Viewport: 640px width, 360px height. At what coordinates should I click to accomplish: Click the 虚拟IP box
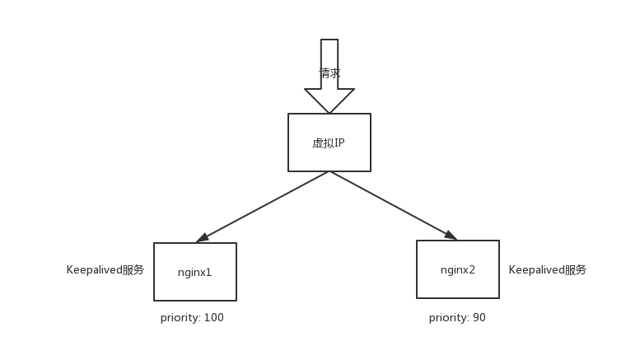(329, 143)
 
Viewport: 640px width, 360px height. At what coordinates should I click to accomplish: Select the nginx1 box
(195, 272)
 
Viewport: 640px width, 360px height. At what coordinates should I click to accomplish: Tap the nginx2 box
(457, 269)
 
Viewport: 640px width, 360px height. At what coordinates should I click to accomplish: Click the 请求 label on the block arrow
(329, 73)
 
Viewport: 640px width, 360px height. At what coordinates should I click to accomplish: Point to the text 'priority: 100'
(192, 317)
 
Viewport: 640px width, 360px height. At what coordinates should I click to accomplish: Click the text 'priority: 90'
(457, 317)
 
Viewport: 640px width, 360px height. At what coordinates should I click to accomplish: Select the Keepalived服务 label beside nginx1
(105, 270)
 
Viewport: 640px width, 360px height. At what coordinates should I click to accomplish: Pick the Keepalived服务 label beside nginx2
(548, 270)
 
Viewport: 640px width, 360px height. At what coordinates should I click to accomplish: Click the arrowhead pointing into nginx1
(203, 238)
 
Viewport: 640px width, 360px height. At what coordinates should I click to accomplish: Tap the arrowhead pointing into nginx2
(451, 235)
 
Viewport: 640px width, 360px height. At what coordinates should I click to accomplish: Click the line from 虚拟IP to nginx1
(263, 207)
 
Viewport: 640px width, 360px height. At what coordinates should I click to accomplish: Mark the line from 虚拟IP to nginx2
(393, 206)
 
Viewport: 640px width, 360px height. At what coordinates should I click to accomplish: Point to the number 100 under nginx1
(213, 317)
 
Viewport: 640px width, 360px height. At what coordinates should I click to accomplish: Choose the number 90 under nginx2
(479, 317)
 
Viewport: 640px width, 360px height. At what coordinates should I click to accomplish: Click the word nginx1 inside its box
(194, 272)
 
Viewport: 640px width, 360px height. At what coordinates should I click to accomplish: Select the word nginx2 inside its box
(457, 270)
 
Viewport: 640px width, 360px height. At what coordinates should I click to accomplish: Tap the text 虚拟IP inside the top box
(329, 143)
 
